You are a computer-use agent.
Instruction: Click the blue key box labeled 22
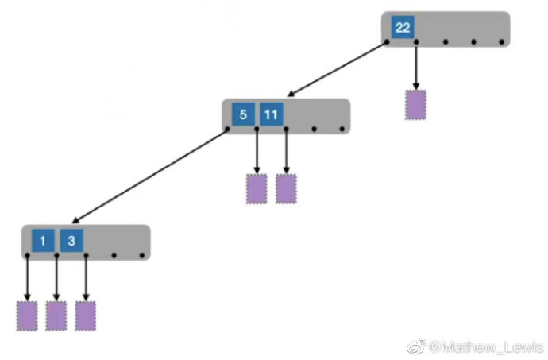point(403,28)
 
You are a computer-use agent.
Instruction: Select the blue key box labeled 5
point(242,114)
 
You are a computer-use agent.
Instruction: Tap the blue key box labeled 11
point(271,114)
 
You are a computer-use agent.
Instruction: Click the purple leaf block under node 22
point(415,105)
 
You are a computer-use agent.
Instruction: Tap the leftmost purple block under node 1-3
point(27,315)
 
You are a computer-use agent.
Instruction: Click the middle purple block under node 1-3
point(56,315)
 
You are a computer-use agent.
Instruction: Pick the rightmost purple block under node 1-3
point(86,315)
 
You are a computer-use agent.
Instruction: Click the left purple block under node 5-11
point(256,188)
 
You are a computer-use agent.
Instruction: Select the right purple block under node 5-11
point(286,188)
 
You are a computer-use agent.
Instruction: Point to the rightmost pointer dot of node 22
point(500,41)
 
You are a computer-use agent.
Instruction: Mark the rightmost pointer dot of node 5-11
point(342,128)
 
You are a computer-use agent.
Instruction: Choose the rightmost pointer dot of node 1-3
point(142,255)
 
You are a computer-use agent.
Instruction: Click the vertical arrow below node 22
point(415,65)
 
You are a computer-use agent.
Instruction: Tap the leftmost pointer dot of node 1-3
point(27,255)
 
